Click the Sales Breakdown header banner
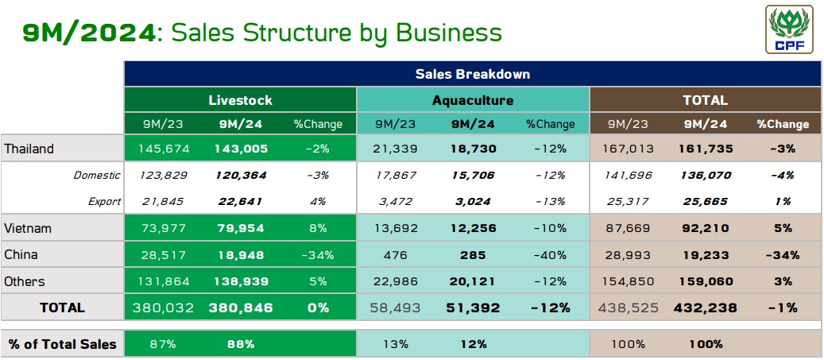[x=472, y=74]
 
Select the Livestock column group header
[x=240, y=100]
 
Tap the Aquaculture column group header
[x=473, y=100]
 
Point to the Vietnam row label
[x=28, y=228]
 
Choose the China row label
[x=21, y=255]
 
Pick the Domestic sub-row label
[x=97, y=175]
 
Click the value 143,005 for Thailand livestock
[x=241, y=149]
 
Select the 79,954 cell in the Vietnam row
[x=241, y=228]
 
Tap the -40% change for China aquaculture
[x=550, y=255]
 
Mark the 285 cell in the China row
[x=473, y=255]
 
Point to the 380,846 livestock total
[x=241, y=308]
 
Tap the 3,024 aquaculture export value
[x=473, y=201]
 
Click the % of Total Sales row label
[x=62, y=344]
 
